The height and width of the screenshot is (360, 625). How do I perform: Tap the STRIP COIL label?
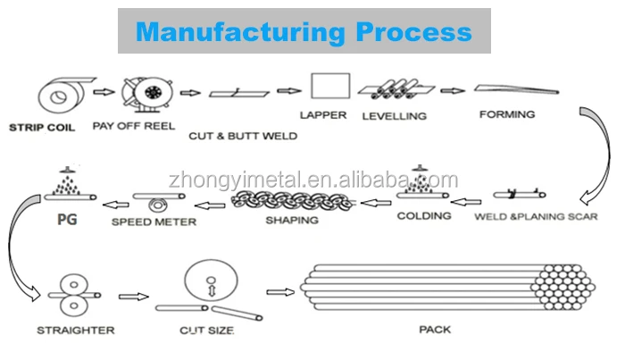(x=43, y=127)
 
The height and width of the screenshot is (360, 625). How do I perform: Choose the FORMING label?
(x=506, y=114)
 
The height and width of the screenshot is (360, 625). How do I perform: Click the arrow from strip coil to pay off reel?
(x=104, y=91)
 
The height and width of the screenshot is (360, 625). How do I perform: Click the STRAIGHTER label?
(x=75, y=331)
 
